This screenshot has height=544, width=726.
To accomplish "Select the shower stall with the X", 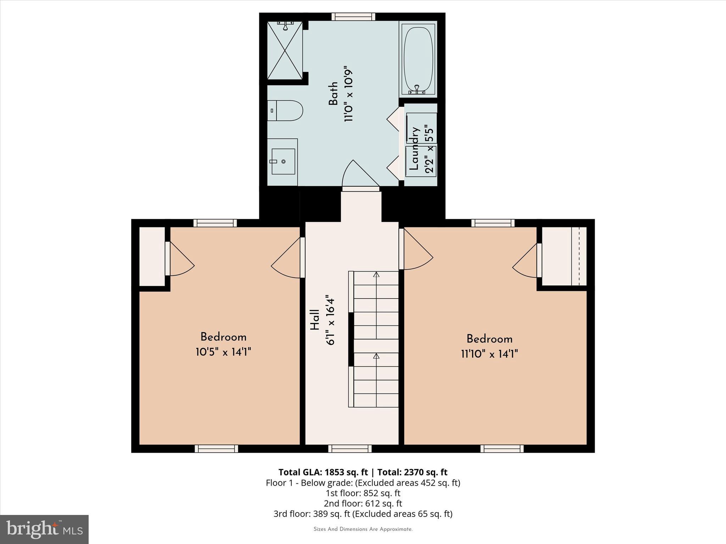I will (x=285, y=50).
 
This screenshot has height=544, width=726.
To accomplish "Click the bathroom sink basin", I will (x=283, y=161).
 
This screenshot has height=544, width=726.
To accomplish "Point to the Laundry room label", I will (x=414, y=149).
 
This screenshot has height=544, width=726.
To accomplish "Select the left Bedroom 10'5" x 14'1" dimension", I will (x=223, y=352).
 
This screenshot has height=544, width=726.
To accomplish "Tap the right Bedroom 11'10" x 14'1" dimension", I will (x=489, y=354).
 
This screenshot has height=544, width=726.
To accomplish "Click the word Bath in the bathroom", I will (x=333, y=94).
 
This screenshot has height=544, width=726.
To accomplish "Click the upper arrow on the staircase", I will (x=376, y=274).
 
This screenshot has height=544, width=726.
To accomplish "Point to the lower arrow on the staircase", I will (x=376, y=356).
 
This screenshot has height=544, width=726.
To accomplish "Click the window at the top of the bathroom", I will (x=353, y=17).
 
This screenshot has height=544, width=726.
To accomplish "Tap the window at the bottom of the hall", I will (x=350, y=449).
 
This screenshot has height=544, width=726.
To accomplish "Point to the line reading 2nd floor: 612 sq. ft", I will (x=363, y=503).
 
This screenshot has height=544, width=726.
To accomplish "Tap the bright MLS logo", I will (x=44, y=529).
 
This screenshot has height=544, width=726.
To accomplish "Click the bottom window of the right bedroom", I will (x=502, y=449).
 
